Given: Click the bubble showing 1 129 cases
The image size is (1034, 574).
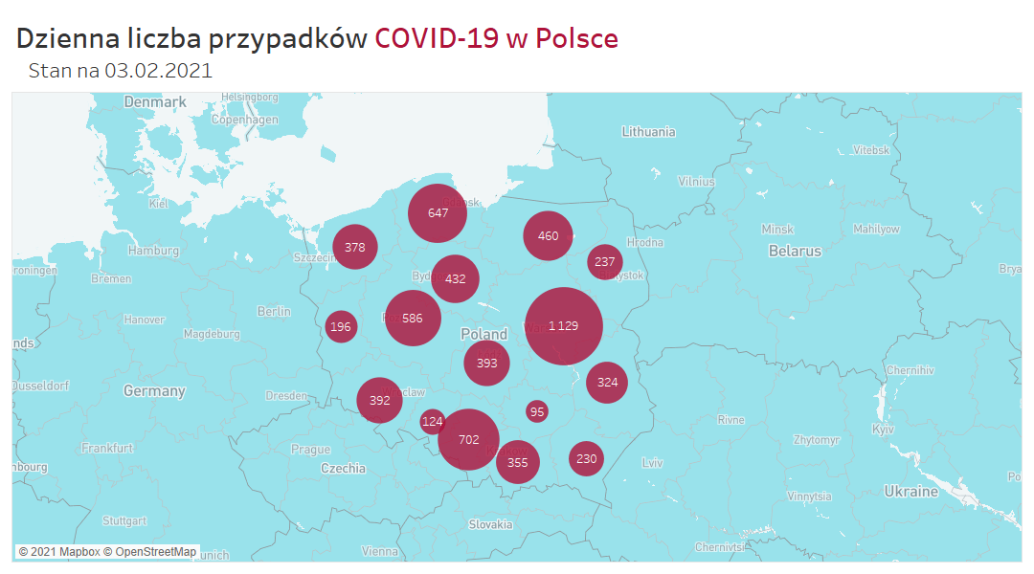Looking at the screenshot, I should pos(564,326).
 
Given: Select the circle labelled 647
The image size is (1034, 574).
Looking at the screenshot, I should pos(438,212).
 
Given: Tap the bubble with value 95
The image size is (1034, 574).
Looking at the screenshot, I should pos(537,411).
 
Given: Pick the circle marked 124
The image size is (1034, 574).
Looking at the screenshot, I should pos(433,422).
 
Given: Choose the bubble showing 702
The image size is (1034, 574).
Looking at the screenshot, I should pos(469,439).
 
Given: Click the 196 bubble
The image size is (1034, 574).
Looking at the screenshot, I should pos(341,327).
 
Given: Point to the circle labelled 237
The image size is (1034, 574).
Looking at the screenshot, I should pos(605,262).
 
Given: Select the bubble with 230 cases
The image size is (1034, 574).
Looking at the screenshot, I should pos(587,458).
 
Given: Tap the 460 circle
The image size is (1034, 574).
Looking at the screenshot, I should pos(549,236).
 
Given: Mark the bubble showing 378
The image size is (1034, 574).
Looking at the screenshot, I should pos(355,247).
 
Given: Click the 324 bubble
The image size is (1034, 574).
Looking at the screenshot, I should pos(607,383).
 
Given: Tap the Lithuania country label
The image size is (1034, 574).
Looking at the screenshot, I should pos(648,132).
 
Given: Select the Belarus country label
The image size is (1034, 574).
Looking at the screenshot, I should pos(795,251).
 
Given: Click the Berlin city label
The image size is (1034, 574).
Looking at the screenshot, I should pos(274,311).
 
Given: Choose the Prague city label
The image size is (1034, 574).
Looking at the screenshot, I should pos(310,449).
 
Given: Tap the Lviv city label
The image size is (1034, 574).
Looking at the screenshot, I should pos(652,463).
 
